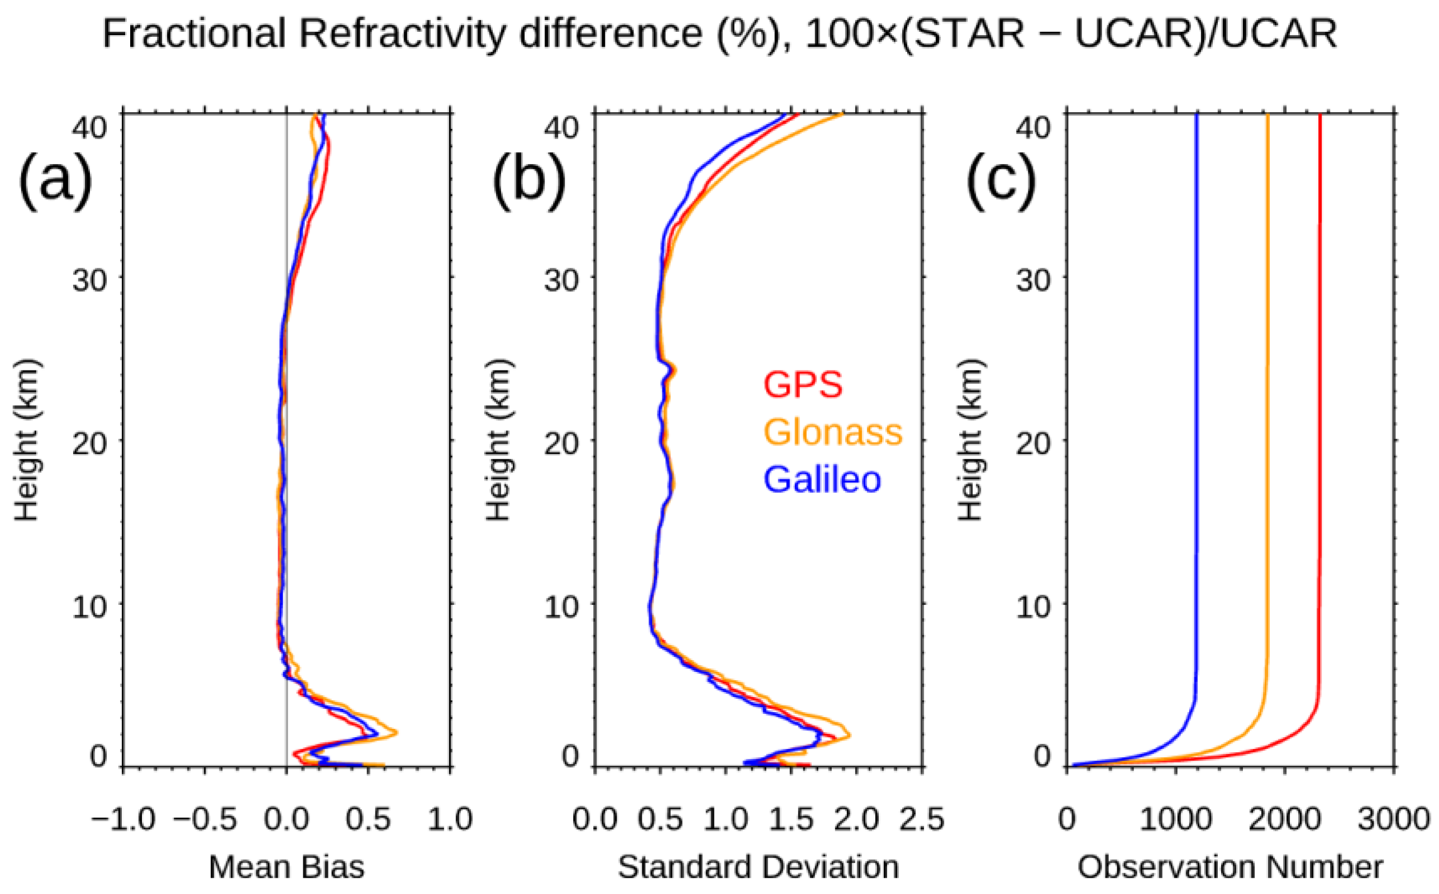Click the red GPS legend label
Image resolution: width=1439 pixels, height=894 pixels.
(802, 385)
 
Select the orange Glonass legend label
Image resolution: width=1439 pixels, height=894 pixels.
(833, 432)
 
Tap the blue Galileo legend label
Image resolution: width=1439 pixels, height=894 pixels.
(822, 479)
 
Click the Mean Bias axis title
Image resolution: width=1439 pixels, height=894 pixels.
(287, 867)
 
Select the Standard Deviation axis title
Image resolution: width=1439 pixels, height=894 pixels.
(758, 867)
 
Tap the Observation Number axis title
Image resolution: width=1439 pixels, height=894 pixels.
(1230, 867)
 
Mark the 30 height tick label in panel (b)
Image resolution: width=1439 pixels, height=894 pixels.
(561, 279)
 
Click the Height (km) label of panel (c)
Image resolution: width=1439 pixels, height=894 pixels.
(970, 440)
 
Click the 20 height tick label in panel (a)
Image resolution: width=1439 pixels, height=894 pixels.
(89, 443)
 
